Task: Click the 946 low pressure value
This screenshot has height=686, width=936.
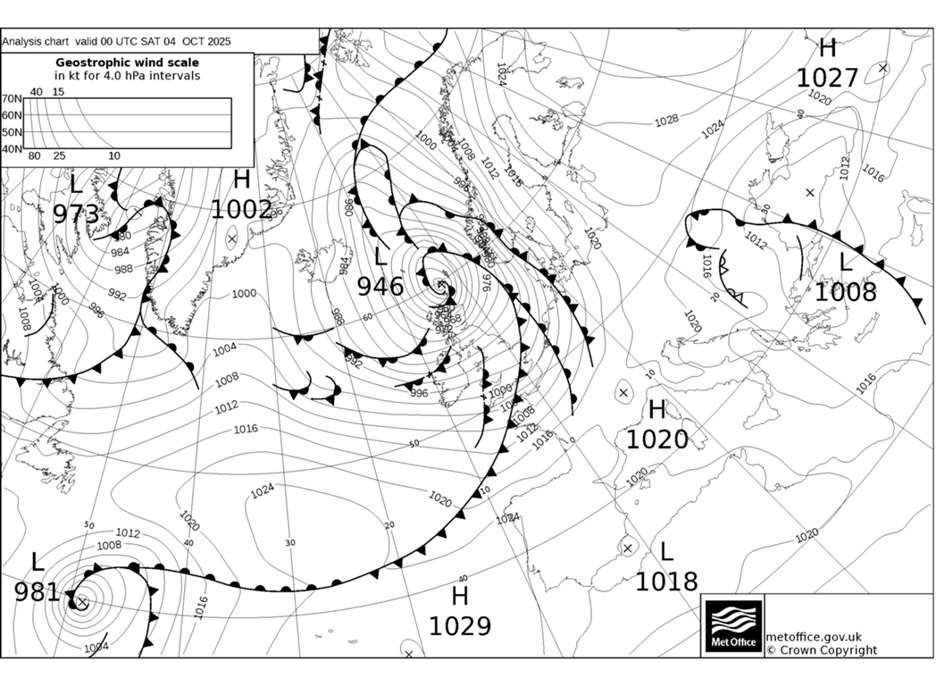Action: [x=380, y=287]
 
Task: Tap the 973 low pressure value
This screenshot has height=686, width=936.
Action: [x=76, y=214]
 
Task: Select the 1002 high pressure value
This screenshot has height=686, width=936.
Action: [x=241, y=210]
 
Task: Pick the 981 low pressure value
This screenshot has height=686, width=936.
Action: [x=37, y=592]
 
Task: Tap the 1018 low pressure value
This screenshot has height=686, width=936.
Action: [x=666, y=581]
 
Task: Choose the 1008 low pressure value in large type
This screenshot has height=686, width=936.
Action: [x=845, y=292]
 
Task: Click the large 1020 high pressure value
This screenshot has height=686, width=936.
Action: [x=656, y=439]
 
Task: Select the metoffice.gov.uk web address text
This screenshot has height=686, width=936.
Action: [x=814, y=637]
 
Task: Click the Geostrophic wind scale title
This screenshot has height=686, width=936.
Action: [x=127, y=63]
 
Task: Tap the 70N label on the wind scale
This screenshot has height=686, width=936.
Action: [x=11, y=99]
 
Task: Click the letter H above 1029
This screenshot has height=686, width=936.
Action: [x=460, y=597]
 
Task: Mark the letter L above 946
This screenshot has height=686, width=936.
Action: [x=380, y=257]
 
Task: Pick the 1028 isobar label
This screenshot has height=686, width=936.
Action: [x=665, y=120]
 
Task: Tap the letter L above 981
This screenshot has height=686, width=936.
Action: [x=37, y=563]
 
